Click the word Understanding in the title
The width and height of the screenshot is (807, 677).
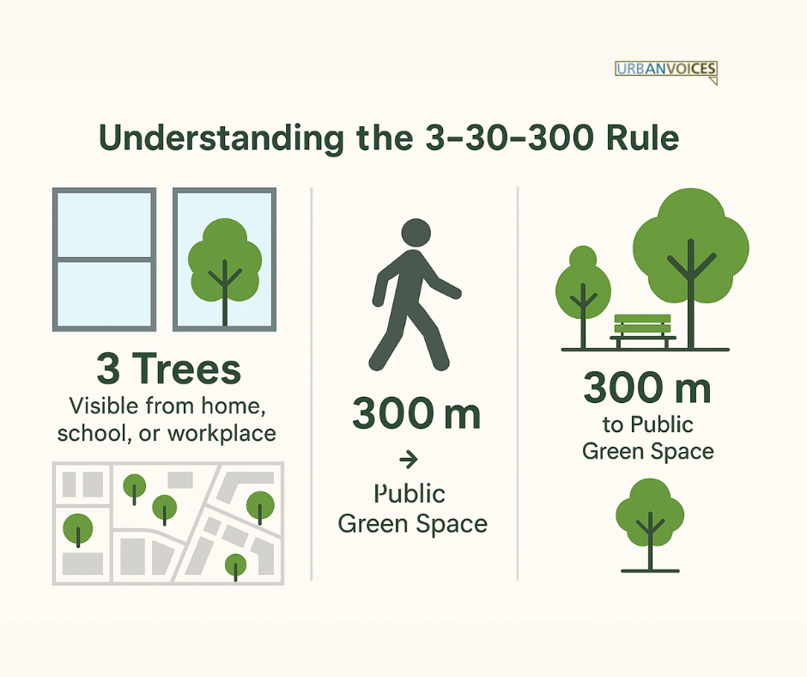point(221,138)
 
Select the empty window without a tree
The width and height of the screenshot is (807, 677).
point(104,259)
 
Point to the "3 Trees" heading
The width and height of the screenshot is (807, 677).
point(169,369)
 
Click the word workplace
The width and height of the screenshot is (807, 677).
point(221,434)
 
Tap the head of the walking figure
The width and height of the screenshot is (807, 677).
point(416,232)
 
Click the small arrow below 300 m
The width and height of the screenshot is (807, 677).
point(409,459)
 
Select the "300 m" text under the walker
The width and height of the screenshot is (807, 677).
point(416,413)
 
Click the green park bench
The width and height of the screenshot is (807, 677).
point(643,331)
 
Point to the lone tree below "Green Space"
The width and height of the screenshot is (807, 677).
point(650,524)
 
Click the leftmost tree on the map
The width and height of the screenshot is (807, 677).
point(78,530)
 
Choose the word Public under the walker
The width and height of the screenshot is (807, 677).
point(410,494)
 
